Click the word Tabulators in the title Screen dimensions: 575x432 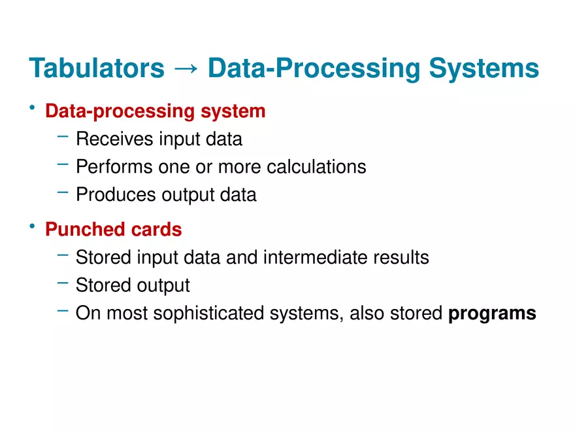click(97, 68)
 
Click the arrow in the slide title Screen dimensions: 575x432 click(186, 68)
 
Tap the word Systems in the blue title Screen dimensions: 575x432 click(484, 69)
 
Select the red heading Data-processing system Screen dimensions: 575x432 click(155, 111)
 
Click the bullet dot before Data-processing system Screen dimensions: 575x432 click(32, 107)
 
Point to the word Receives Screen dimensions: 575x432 click(114, 139)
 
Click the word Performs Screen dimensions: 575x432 click(114, 167)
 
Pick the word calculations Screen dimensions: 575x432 click(316, 167)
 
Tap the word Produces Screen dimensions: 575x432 click(116, 194)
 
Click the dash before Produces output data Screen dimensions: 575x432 click(63, 192)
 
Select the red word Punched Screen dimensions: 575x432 click(85, 229)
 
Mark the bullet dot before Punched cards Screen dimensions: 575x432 click(32, 226)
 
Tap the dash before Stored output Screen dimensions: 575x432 click(63, 283)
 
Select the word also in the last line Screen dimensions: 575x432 click(367, 314)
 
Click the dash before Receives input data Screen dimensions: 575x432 click(63, 137)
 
